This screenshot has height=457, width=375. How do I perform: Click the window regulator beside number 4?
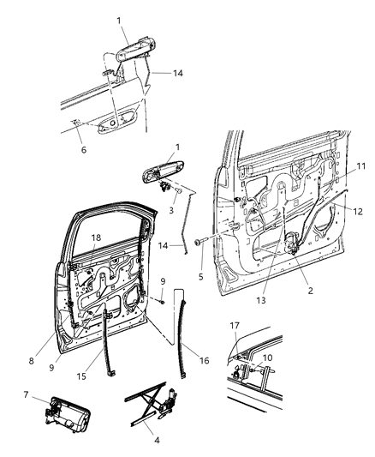[x=153, y=407]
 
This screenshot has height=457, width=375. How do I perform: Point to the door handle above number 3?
[x=154, y=175]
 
